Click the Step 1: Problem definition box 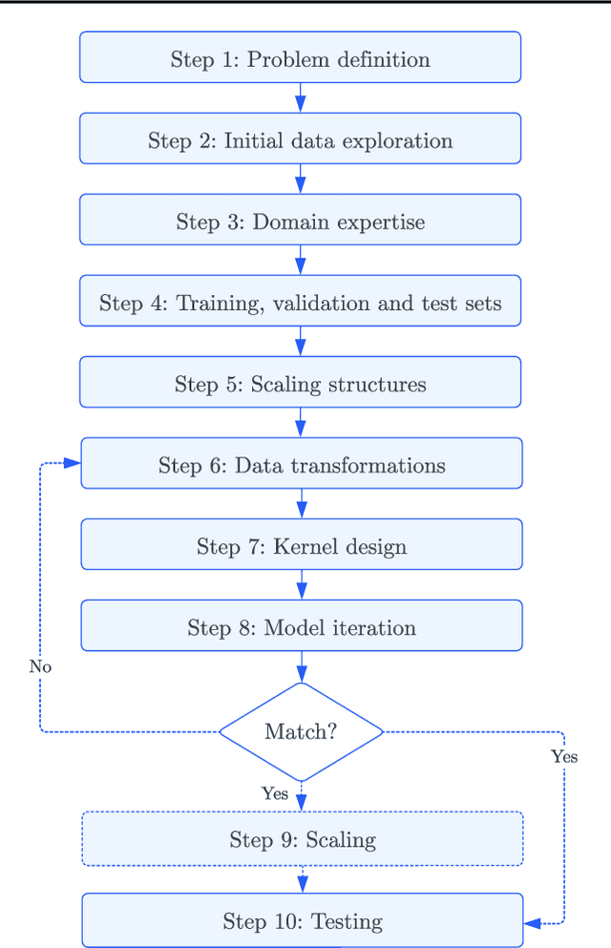pyautogui.click(x=300, y=58)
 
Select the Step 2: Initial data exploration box pyautogui.click(x=300, y=139)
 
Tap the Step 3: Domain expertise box pyautogui.click(x=300, y=221)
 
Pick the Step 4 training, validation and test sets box pyautogui.click(x=300, y=302)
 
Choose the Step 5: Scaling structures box pyautogui.click(x=300, y=383)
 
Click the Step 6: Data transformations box pyautogui.click(x=301, y=464)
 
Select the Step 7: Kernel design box pyautogui.click(x=301, y=545)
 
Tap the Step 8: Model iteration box pyautogui.click(x=301, y=626)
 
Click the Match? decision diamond pyautogui.click(x=301, y=731)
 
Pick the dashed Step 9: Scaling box pyautogui.click(x=302, y=839)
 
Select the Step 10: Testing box pyautogui.click(x=302, y=920)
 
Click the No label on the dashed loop pyautogui.click(x=40, y=666)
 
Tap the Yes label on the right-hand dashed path pyautogui.click(x=564, y=757)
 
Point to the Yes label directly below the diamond pyautogui.click(x=275, y=793)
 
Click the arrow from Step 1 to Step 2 pyautogui.click(x=300, y=98)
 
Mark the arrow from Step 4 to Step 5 pyautogui.click(x=300, y=342)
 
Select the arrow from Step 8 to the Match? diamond pyautogui.click(x=301, y=666)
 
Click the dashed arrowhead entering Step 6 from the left pyautogui.click(x=72, y=464)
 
